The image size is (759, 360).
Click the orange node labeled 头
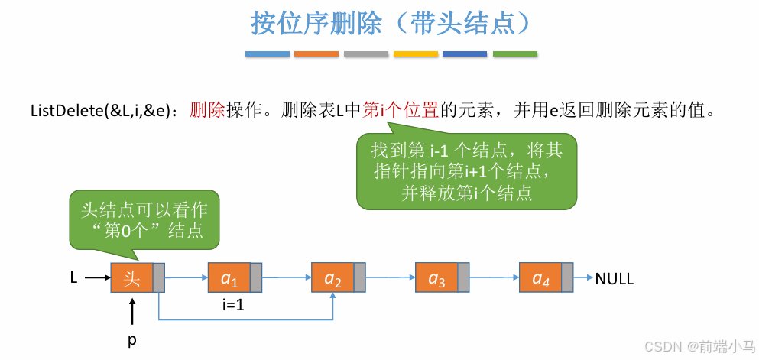tap(132, 277)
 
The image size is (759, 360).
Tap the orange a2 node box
tap(333, 277)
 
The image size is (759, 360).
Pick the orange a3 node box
tap(436, 277)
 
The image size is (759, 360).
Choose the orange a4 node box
tap(540, 277)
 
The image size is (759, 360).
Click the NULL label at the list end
tap(615, 279)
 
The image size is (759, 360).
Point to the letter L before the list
tap(73, 278)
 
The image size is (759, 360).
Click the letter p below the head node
tap(131, 340)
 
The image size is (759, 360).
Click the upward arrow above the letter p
tap(132, 313)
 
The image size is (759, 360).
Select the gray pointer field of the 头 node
tap(159, 277)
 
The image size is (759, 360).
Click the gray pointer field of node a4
tap(567, 277)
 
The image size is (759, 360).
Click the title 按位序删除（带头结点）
tap(391, 23)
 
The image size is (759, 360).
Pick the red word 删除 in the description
tap(206, 109)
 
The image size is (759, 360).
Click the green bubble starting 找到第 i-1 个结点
tap(466, 171)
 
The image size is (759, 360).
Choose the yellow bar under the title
tap(416, 54)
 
